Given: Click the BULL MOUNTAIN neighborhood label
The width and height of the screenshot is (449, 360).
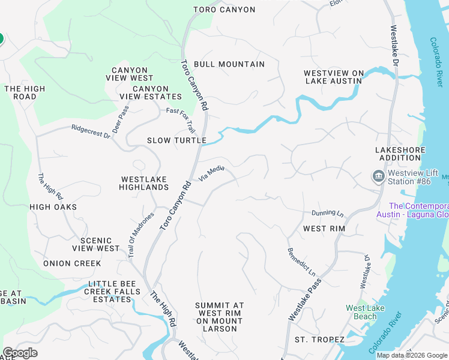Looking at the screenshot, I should point(229,64).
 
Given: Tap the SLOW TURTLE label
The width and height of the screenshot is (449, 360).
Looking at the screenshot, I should point(177,141).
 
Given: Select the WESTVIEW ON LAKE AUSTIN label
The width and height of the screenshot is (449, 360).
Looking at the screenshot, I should point(334,77).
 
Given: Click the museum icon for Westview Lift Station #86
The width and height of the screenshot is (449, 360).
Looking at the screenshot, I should point(378,176).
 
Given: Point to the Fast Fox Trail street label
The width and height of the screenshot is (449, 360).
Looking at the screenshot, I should point(181,120).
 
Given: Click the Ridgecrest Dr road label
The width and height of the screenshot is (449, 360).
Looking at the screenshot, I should point(91,131).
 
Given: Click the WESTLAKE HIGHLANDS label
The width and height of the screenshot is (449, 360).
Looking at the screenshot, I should point(145,183).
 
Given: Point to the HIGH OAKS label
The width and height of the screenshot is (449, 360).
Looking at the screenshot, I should point(53,207).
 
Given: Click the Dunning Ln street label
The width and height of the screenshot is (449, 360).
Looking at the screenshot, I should point(327,214).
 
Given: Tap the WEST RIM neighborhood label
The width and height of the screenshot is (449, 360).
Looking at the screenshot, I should point(323,229).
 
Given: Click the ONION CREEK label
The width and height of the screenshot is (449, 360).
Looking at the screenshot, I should point(72,263).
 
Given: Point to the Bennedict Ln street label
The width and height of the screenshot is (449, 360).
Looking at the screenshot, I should point(301,262).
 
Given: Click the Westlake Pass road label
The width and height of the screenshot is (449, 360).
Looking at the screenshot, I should point(305,299).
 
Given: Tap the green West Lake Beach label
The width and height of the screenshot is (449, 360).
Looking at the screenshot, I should point(365,312).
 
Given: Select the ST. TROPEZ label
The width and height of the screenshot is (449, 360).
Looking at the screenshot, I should point(319,340).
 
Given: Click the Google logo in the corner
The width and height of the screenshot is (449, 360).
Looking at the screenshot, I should point(20,353).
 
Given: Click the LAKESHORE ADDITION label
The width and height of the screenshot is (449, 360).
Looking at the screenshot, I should point(400,154).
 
